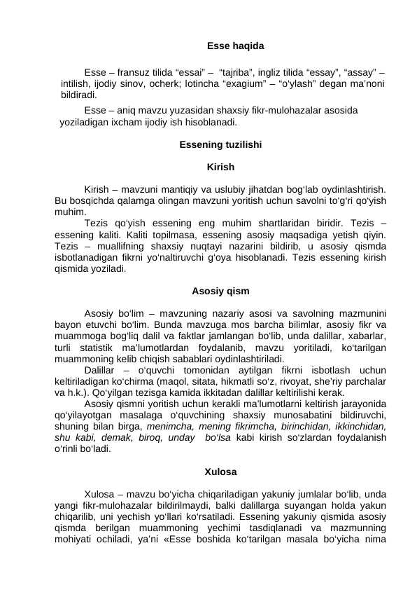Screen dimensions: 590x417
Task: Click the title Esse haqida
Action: coord(236,46)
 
